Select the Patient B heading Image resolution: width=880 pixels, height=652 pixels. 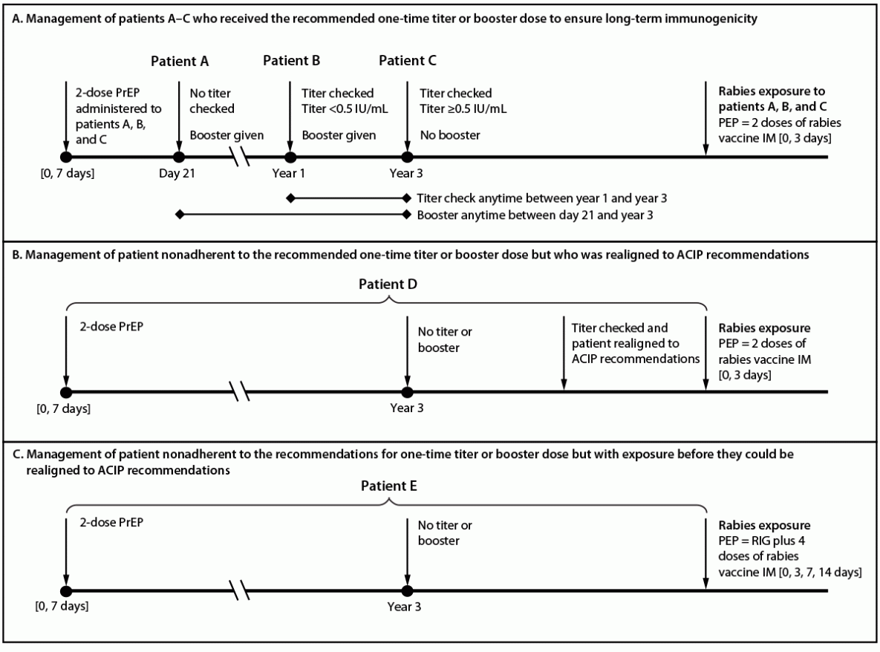pos(291,61)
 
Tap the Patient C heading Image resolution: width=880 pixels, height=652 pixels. pos(408,61)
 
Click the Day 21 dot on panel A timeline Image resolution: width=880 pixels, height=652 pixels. pos(178,157)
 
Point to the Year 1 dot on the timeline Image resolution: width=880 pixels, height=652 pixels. pos(290,157)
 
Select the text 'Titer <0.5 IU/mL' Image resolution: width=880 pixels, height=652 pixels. pos(345,109)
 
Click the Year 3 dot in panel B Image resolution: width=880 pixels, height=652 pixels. pos(406,391)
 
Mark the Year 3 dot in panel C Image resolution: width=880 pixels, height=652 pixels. pos(406,590)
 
